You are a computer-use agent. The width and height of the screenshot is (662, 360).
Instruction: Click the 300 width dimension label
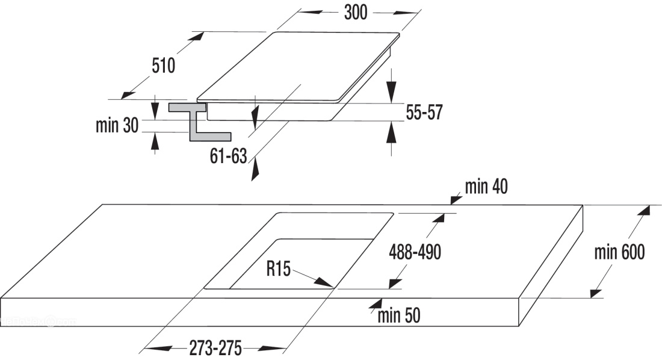coord(356,13)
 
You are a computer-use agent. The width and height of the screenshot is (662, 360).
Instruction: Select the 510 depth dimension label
coord(163,66)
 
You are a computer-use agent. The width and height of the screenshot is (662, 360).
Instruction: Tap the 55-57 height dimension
coord(424,113)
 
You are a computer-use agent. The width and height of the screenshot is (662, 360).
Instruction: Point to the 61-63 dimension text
coord(229,157)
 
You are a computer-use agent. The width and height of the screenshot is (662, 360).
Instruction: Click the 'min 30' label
coord(117,125)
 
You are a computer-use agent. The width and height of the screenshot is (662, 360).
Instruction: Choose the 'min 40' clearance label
coord(486,187)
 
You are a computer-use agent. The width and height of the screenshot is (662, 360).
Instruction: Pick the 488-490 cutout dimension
coord(415,252)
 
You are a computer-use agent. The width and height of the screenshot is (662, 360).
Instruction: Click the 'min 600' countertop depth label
coord(619,252)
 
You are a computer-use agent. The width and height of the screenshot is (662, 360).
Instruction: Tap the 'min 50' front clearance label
coord(399,315)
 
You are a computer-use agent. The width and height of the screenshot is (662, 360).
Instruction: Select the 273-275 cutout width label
coord(215,348)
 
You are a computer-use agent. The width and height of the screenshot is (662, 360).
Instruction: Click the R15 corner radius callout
coord(279,268)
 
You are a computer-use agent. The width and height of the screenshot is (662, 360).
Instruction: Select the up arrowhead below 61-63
coord(255,171)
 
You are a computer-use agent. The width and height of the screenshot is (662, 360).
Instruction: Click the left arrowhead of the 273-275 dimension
coord(158,349)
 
